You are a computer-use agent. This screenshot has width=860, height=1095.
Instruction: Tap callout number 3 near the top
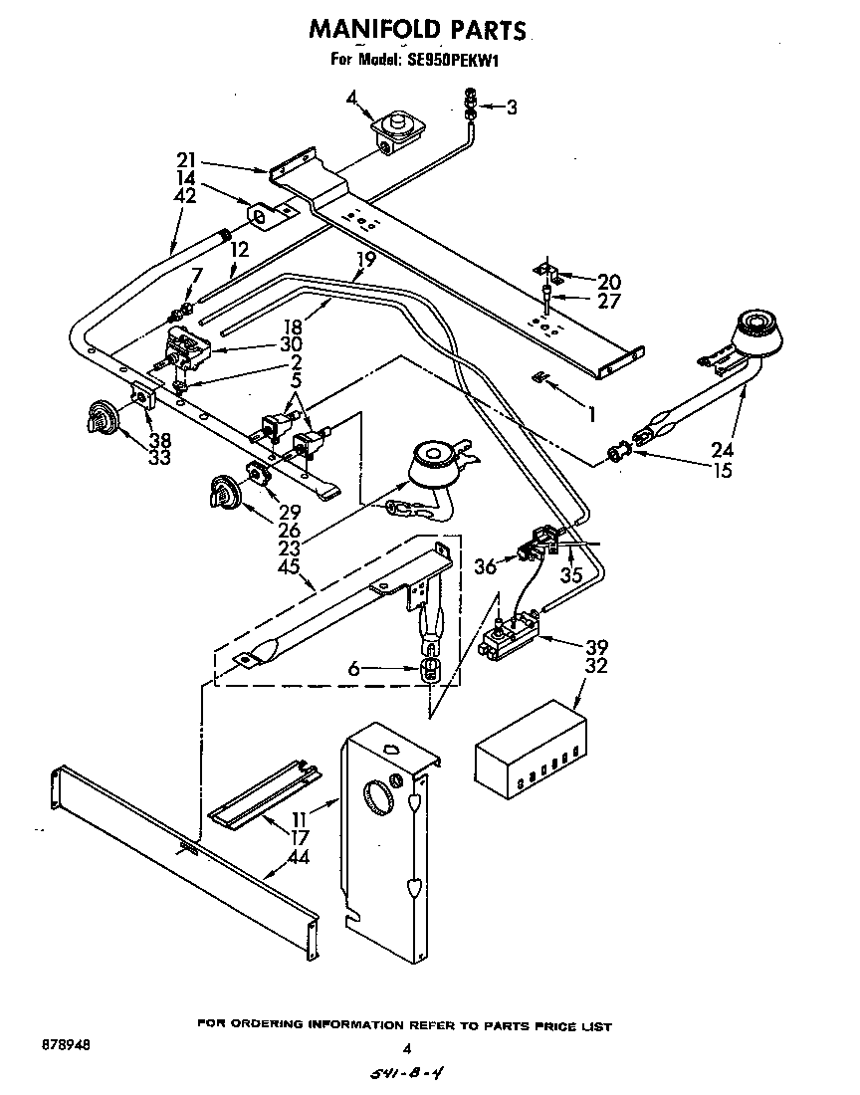(511, 108)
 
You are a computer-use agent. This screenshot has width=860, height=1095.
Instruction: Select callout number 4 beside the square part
(352, 97)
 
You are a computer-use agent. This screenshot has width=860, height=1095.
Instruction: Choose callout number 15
(722, 469)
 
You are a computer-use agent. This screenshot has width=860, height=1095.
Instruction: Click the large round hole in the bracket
(379, 798)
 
